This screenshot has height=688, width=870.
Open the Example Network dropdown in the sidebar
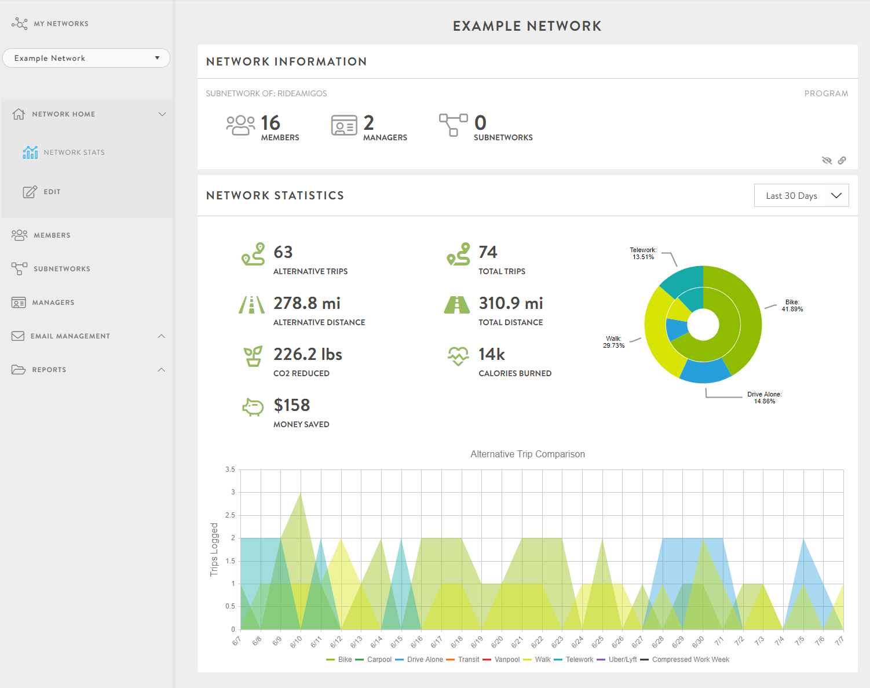[x=86, y=58]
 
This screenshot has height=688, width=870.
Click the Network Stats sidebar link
[x=74, y=152]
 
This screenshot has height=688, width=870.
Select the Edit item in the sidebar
[x=52, y=192]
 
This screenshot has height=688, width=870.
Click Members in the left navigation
[x=52, y=235]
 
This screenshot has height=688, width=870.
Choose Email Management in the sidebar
[x=70, y=336]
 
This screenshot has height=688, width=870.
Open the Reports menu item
[x=49, y=370]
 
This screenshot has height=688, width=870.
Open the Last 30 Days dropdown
[x=801, y=196]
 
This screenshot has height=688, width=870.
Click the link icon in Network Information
[x=842, y=161]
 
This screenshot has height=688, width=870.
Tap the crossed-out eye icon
[x=827, y=161]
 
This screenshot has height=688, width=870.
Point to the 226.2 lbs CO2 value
[x=308, y=354]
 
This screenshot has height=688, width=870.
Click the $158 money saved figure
[x=292, y=405]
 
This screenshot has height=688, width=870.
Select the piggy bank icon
[x=253, y=407]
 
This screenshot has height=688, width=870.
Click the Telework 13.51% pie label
[x=643, y=254]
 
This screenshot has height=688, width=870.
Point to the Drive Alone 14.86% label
[x=764, y=398]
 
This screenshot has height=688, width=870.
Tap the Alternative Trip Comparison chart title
[x=527, y=454]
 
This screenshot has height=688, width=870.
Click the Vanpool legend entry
[x=507, y=660]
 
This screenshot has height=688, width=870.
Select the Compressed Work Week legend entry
[x=690, y=660]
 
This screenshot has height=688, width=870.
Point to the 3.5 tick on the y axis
[x=230, y=469]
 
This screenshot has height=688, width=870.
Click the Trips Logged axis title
[x=214, y=549]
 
